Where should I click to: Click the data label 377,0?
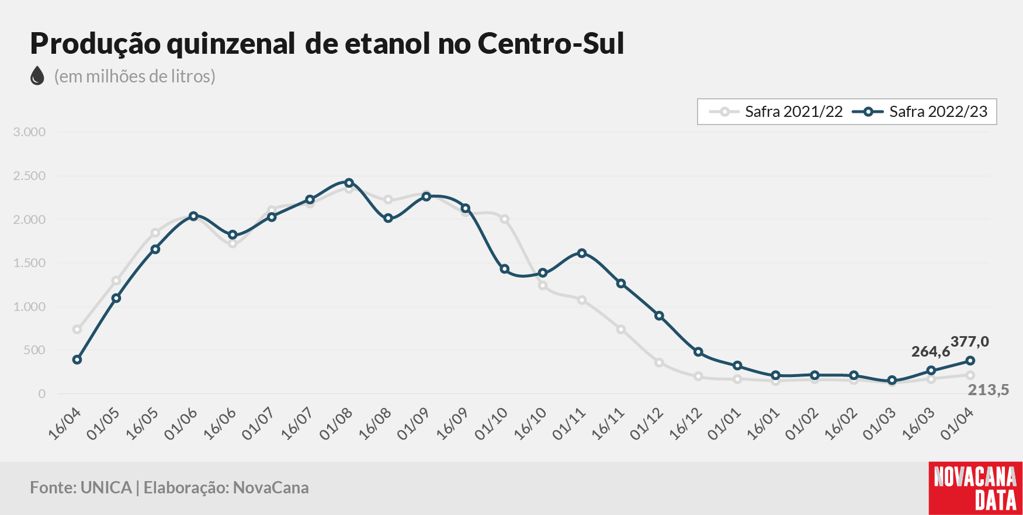[970, 341]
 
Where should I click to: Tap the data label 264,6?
[931, 351]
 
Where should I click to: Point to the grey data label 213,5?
[989, 390]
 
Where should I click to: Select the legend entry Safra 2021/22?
[775, 112]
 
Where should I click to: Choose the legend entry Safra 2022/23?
[920, 112]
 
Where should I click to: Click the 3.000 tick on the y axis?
[29, 132]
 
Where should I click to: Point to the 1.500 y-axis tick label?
[29, 263]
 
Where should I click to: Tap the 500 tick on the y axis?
[34, 350]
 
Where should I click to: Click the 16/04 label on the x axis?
[65, 423]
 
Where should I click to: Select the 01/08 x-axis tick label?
[337, 423]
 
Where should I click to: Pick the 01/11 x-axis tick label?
[570, 423]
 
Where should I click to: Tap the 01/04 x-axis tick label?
[958, 423]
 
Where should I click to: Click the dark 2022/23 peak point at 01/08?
[349, 183]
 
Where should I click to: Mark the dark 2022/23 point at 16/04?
[77, 360]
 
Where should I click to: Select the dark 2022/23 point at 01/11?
[582, 253]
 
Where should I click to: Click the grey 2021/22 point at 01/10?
[504, 219]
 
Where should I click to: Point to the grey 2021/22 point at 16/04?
[77, 329]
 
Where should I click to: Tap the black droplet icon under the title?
[37, 75]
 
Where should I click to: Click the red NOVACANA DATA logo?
[976, 489]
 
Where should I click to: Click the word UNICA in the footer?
[106, 488]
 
